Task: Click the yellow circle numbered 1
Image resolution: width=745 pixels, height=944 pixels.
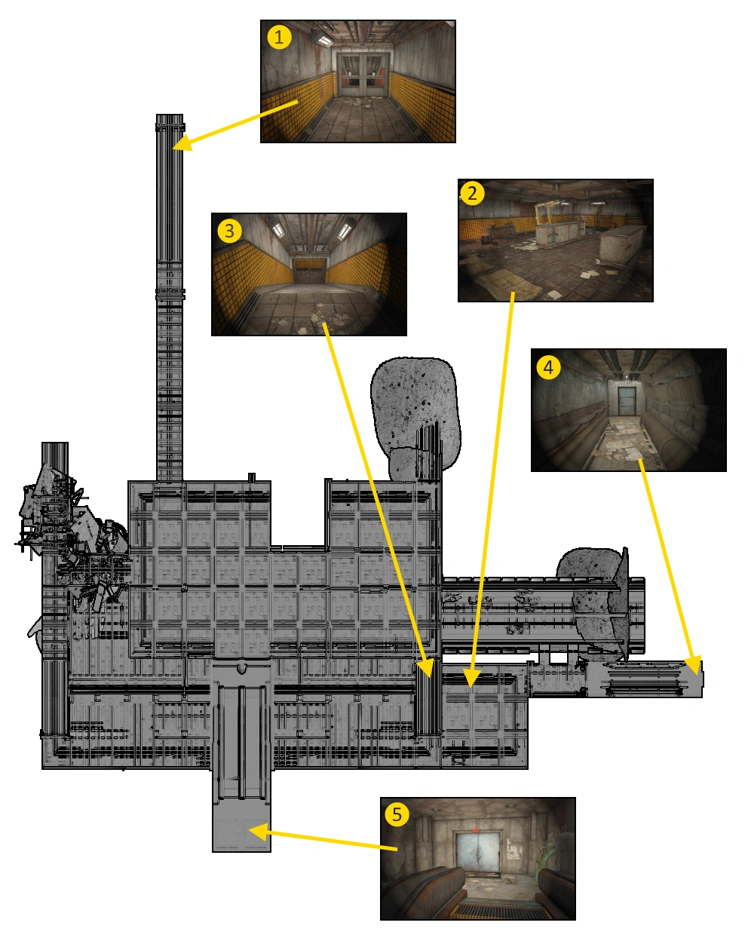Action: point(280,37)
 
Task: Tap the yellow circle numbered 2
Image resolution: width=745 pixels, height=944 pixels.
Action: point(472,193)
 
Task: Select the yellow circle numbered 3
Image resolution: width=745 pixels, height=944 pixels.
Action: point(229,230)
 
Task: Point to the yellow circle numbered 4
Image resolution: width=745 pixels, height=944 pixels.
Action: point(548,367)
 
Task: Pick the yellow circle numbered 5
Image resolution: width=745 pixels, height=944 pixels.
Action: point(397,814)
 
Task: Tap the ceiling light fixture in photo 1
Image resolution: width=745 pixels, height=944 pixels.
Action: point(323,38)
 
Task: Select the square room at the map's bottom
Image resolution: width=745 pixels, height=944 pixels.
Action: point(241,826)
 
